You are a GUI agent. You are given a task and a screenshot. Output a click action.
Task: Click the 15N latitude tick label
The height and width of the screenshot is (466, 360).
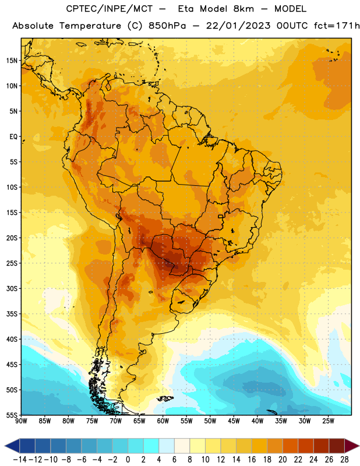(x=12, y=61)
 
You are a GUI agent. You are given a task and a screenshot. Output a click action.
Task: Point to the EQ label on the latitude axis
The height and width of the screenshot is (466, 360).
(x=13, y=137)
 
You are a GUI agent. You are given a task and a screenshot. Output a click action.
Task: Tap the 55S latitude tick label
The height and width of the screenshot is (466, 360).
(x=12, y=415)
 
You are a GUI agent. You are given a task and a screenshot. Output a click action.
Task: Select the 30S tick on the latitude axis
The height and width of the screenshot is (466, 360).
(x=12, y=288)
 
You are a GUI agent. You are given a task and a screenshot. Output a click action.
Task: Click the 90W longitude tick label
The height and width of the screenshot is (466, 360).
(x=21, y=421)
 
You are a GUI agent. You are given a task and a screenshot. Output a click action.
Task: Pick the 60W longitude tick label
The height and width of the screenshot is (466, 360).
(x=163, y=421)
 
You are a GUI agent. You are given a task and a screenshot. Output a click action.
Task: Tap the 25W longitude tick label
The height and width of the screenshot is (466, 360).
(x=328, y=421)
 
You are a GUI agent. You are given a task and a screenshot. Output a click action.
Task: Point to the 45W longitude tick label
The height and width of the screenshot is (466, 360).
(x=234, y=421)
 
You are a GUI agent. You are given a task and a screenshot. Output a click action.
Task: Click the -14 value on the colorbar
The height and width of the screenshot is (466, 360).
(x=20, y=460)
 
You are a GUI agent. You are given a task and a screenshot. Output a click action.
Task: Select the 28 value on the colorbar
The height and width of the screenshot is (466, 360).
(x=344, y=460)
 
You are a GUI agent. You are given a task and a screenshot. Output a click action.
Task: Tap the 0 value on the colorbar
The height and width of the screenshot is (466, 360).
(x=128, y=460)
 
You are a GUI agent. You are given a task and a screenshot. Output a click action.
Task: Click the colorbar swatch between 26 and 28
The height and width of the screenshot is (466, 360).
(x=337, y=446)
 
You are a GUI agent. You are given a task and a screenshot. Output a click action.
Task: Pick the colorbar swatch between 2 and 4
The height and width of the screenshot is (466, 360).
(x=151, y=446)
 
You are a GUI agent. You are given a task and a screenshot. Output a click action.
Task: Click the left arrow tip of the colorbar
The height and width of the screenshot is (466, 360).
(x=5, y=446)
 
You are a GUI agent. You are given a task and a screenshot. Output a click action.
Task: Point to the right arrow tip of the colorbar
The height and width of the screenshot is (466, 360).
(x=359, y=446)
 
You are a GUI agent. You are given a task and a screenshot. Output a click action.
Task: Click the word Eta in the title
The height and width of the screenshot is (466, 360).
(x=186, y=9)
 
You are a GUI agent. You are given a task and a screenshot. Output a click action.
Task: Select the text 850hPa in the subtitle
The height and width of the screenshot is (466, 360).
(x=167, y=26)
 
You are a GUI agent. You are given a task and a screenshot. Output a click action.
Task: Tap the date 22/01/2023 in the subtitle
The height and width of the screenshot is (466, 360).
(x=238, y=26)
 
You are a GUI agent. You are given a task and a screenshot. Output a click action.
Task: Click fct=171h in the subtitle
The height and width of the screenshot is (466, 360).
(x=337, y=26)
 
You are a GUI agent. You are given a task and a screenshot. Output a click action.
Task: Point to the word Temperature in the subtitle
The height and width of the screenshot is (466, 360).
(x=90, y=26)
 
